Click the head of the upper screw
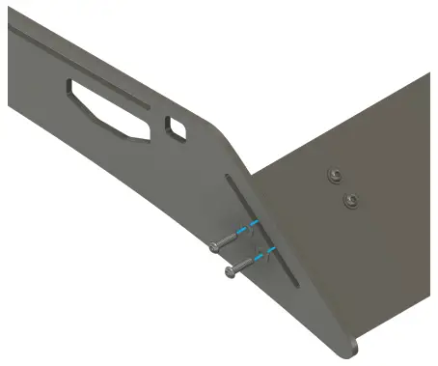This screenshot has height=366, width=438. (x=214, y=246)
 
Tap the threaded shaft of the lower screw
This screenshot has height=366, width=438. (x=244, y=264)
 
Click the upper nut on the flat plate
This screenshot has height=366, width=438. (x=333, y=174)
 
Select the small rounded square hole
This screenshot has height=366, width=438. (x=178, y=127)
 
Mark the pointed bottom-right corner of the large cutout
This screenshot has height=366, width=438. (x=147, y=135)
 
